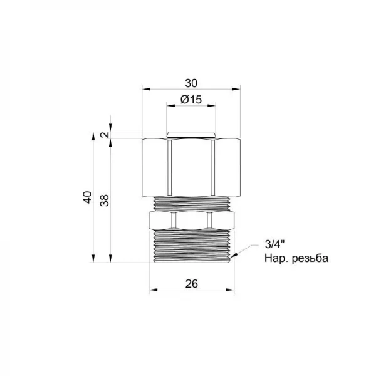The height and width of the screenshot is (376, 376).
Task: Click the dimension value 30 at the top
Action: click(191, 82)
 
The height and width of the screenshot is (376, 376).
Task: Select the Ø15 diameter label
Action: click(191, 100)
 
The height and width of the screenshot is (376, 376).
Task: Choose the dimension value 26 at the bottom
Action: click(192, 283)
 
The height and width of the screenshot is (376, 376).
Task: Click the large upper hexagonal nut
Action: click(191, 166)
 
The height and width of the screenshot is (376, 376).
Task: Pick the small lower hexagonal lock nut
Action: click(192, 220)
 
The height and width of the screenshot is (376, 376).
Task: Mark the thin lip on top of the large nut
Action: click(192, 135)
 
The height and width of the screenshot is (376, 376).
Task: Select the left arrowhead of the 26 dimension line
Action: click(152, 291)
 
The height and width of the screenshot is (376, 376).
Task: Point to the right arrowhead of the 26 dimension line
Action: click(231, 291)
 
